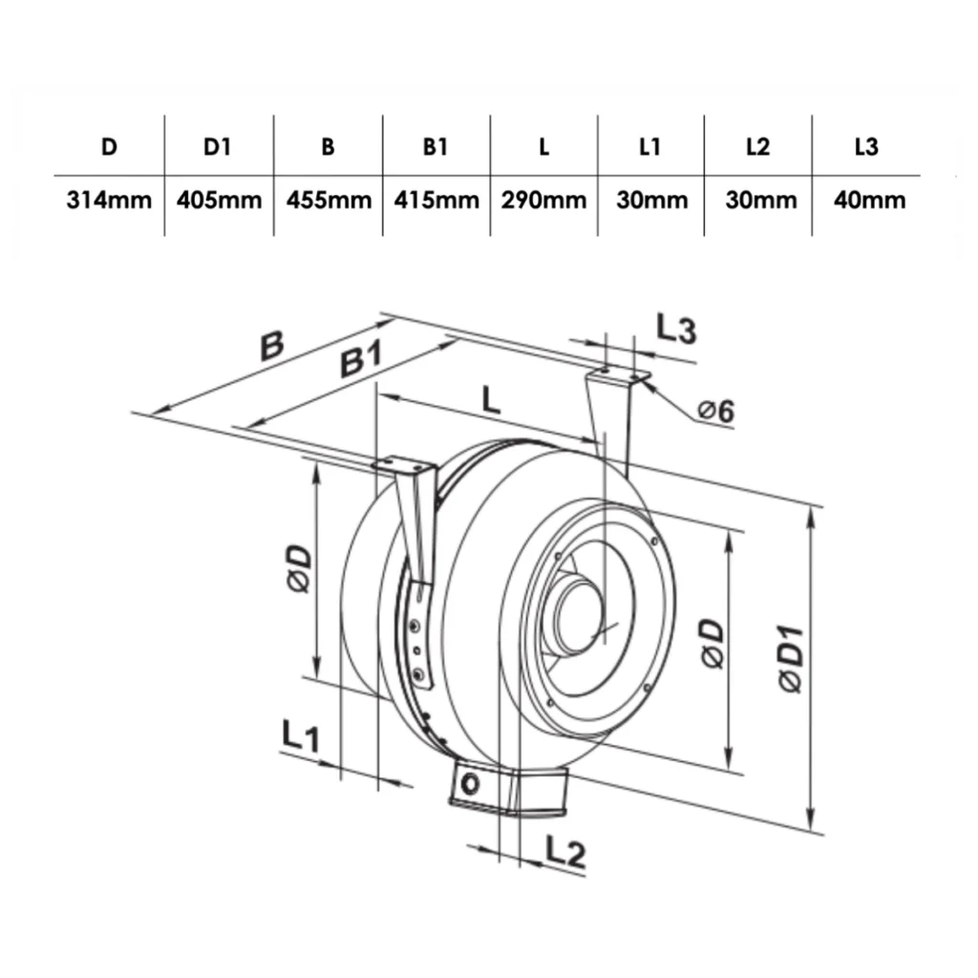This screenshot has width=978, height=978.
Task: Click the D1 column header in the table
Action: pos(217,146)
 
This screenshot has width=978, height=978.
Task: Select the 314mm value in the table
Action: pos(109,201)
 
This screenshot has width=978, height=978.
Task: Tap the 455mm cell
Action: pos(329,201)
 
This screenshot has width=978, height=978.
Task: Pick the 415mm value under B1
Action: pos(436,201)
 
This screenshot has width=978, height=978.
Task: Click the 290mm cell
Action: pos(543,201)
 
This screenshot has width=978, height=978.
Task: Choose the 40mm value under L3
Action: pos(869,201)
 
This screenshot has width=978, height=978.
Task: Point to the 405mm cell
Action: pos(219,201)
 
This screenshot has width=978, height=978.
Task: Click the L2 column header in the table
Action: pos(757,146)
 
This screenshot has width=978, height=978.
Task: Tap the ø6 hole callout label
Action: pos(716,411)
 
